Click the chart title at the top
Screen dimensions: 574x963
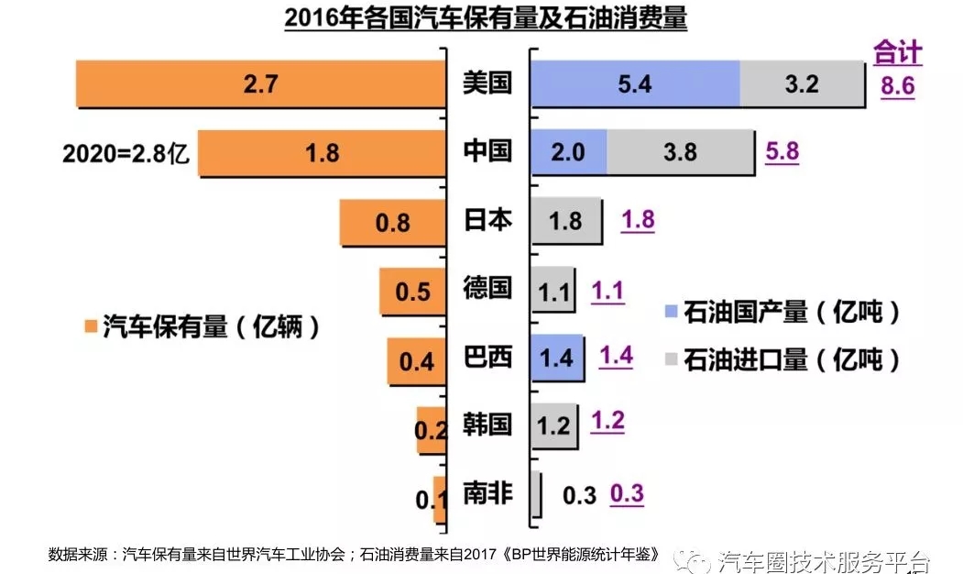pyautogui.click(x=486, y=18)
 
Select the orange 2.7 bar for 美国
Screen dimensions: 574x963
pyautogui.click(x=260, y=84)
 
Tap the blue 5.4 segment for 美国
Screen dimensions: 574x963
pyautogui.click(x=634, y=84)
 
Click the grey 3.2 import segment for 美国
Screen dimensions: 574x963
pyautogui.click(x=801, y=84)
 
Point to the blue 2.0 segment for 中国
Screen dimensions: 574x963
pyautogui.click(x=568, y=152)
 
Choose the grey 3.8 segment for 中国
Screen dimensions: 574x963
pyautogui.click(x=680, y=152)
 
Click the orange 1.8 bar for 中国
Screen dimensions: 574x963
pyautogui.click(x=323, y=152)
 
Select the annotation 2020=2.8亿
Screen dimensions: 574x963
pyautogui.click(x=125, y=153)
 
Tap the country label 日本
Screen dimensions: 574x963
pyautogui.click(x=487, y=220)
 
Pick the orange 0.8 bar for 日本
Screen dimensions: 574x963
pyautogui.click(x=392, y=222)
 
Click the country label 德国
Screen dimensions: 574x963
pyautogui.click(x=487, y=289)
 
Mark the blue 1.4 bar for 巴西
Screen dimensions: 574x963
pyautogui.click(x=557, y=357)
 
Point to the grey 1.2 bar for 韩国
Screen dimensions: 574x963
pyautogui.click(x=553, y=425)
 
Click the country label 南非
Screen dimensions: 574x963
pyautogui.click(x=487, y=494)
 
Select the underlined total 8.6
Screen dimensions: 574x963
pyautogui.click(x=897, y=87)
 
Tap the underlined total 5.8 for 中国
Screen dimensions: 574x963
pyautogui.click(x=782, y=151)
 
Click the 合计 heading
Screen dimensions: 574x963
pyautogui.click(x=897, y=53)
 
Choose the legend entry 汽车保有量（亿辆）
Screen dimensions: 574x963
pyautogui.click(x=202, y=327)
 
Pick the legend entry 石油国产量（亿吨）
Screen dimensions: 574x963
pyautogui.click(x=783, y=312)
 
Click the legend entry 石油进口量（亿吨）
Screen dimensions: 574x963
pyautogui.click(x=783, y=359)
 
